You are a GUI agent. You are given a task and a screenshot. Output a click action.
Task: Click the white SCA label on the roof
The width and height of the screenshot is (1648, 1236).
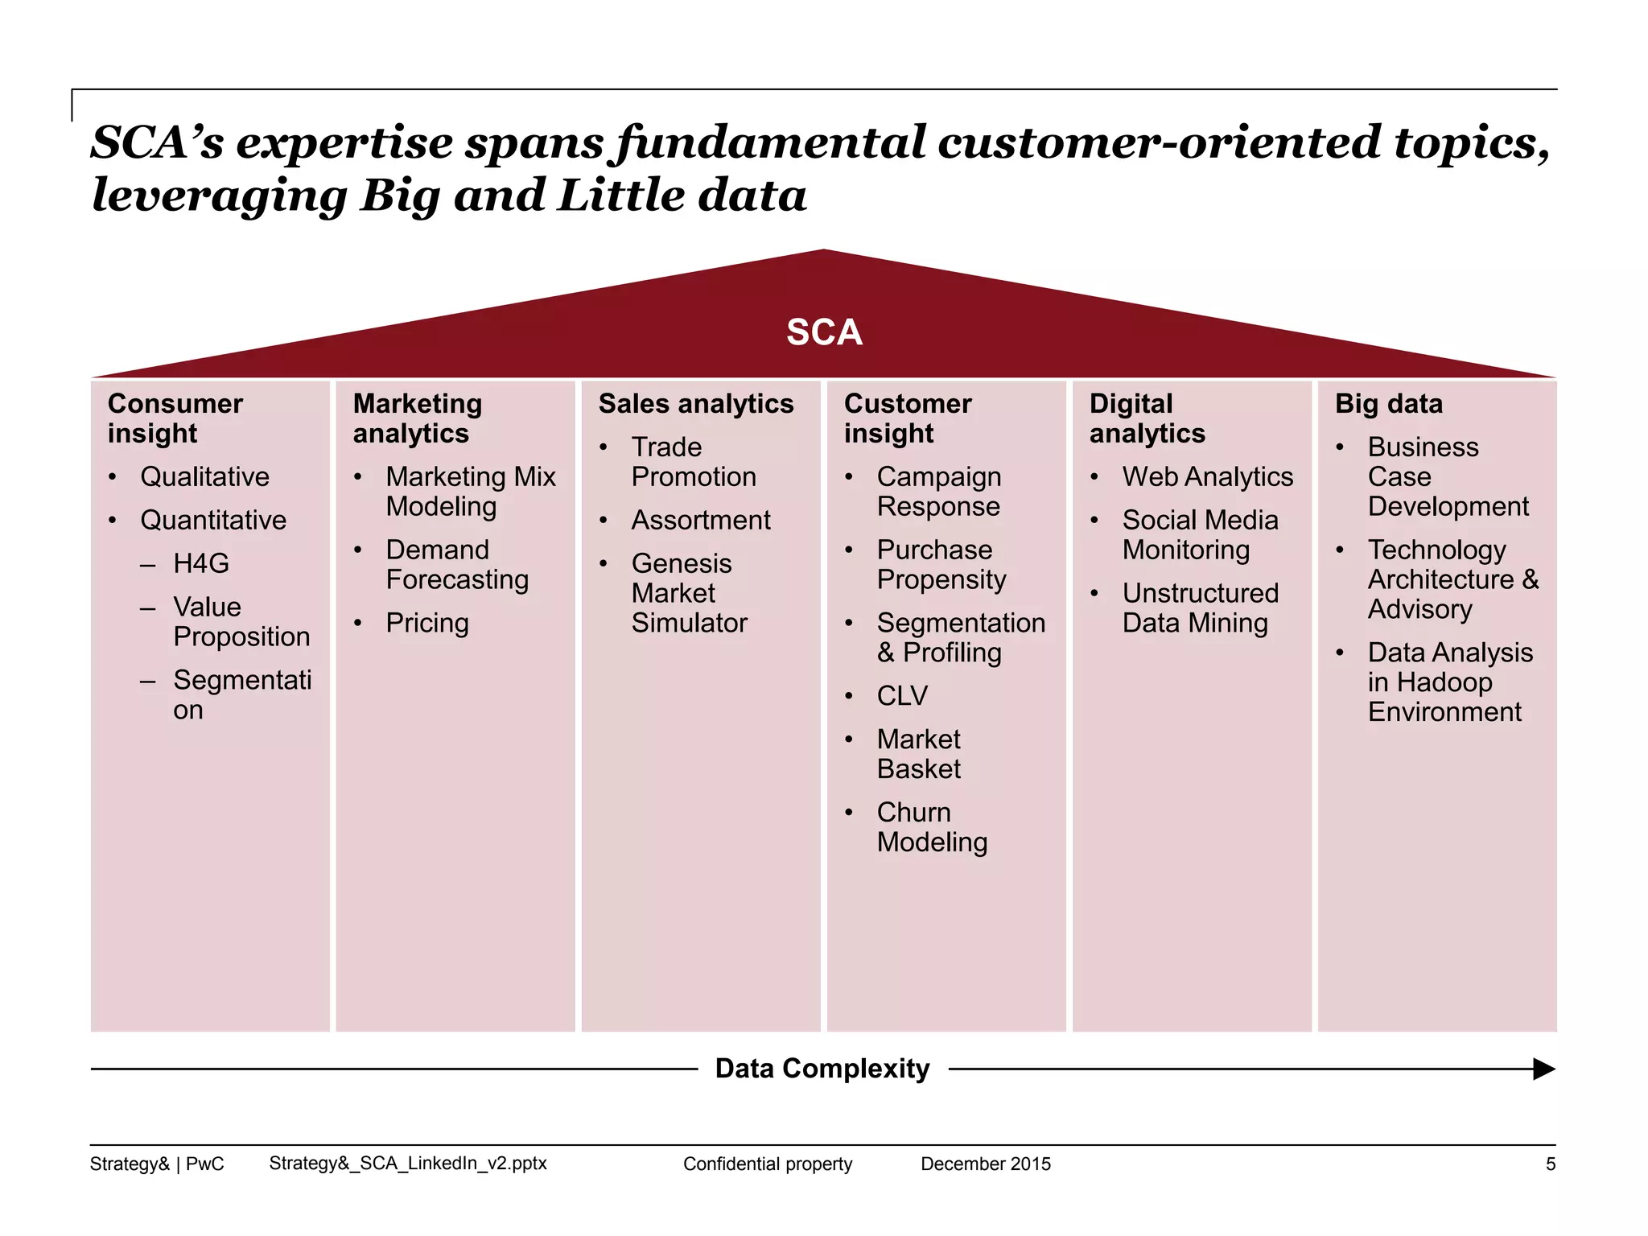(x=824, y=332)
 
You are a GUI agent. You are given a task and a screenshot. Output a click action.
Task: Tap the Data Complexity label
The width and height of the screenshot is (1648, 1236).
(x=822, y=1069)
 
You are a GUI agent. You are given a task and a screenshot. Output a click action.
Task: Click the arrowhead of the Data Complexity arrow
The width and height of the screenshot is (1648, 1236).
(x=1543, y=1069)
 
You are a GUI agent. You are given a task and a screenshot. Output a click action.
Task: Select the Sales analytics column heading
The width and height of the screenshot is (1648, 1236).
(x=695, y=404)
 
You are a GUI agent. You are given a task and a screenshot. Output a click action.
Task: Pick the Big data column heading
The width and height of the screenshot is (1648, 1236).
(x=1388, y=404)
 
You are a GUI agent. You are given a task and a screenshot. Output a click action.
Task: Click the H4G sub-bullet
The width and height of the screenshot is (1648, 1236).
(x=200, y=563)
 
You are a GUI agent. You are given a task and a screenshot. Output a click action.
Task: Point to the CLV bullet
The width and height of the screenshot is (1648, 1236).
(x=902, y=695)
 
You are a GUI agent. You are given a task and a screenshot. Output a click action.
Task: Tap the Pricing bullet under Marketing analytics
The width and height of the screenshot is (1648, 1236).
(x=426, y=623)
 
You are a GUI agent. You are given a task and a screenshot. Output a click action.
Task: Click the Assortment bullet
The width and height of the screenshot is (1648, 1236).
(x=700, y=520)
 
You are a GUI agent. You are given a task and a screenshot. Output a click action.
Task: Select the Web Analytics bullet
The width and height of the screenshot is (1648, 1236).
(x=1207, y=476)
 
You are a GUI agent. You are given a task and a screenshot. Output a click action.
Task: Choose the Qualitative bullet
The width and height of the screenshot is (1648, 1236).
(x=204, y=476)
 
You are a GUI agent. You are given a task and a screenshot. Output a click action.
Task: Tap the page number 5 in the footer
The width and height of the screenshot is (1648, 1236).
(x=1550, y=1164)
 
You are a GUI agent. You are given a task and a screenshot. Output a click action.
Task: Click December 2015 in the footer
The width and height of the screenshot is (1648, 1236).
(x=985, y=1164)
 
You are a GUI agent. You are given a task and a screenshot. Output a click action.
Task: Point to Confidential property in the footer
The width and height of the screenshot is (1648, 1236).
(x=767, y=1164)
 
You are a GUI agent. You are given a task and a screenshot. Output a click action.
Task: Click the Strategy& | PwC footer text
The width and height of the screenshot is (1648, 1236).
(x=157, y=1164)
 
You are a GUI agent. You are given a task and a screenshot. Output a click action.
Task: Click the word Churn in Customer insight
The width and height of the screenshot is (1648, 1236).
(x=913, y=812)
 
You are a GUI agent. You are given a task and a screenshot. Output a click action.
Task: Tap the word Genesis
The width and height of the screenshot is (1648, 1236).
(x=681, y=563)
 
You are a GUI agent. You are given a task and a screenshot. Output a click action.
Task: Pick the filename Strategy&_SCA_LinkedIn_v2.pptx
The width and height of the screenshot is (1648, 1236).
(x=407, y=1163)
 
